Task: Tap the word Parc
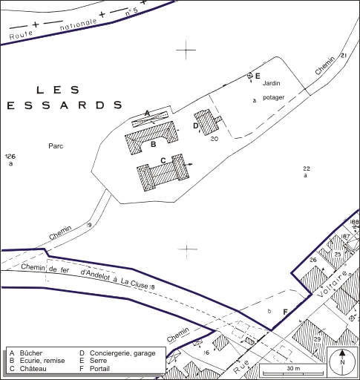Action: tap(55, 146)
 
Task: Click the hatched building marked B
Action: tap(151, 139)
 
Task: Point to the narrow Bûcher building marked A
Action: tap(151, 118)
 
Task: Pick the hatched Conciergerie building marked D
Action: tap(206, 122)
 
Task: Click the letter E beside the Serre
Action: tap(257, 76)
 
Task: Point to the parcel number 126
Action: tap(10, 156)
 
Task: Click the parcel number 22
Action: tap(306, 168)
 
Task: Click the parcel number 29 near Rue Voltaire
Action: tap(317, 339)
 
